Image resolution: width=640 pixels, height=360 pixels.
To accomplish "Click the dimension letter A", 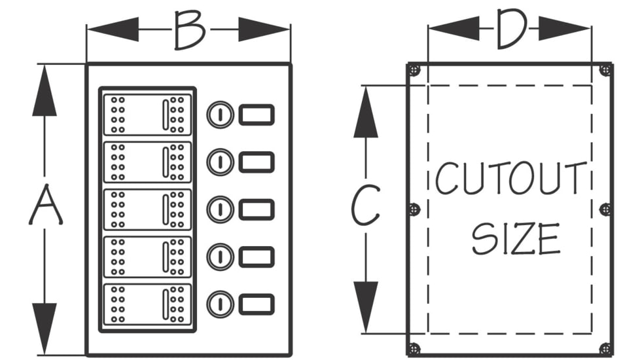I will tap(45, 206).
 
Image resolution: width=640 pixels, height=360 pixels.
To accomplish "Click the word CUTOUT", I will tap(510, 179).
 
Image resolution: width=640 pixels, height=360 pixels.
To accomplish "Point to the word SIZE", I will tap(516, 239).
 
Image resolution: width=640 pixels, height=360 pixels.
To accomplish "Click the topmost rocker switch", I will tap(147, 115).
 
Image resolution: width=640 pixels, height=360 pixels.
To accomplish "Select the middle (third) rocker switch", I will tap(147, 209).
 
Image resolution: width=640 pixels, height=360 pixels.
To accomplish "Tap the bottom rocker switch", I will tap(147, 304).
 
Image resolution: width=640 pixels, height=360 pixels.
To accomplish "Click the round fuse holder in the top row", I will tap(220, 115).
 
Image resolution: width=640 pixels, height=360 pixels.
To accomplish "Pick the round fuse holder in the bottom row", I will tap(220, 304).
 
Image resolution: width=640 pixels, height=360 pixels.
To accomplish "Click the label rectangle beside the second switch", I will tap(256, 162).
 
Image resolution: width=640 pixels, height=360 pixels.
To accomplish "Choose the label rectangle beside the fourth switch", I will tap(256, 257).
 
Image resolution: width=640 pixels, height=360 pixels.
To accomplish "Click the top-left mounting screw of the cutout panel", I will tap(414, 70).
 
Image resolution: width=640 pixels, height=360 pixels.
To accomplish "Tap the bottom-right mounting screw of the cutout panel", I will tap(606, 348).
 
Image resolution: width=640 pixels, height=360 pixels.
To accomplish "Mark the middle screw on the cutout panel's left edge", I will tap(414, 209).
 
